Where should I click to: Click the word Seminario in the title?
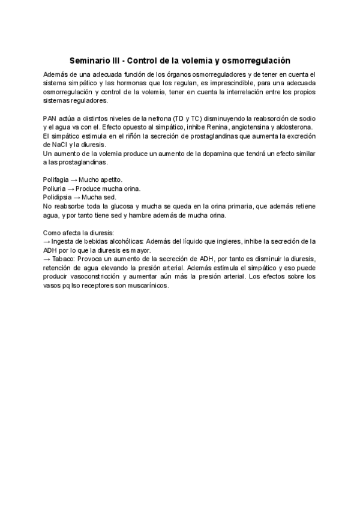[90, 61]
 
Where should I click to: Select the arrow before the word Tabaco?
[48, 258]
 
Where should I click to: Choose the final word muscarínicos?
[148, 285]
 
